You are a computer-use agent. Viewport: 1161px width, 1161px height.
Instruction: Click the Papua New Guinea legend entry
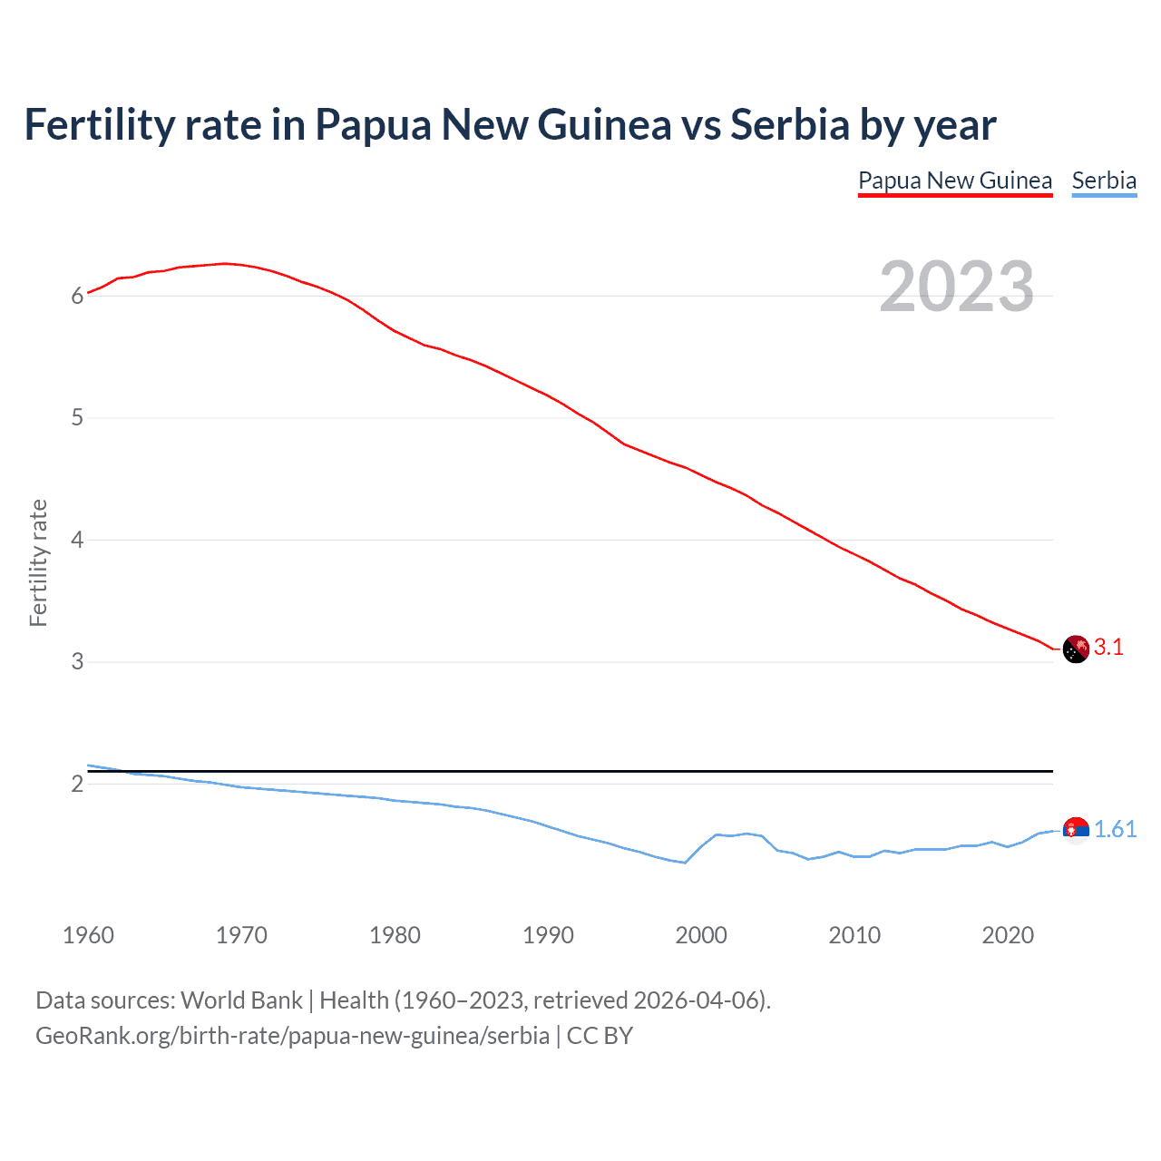955,180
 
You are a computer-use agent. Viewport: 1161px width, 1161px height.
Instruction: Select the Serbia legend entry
1104,180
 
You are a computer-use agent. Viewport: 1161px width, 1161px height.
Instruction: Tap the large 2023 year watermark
956,287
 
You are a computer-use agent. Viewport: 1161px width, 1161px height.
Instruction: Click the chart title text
510,124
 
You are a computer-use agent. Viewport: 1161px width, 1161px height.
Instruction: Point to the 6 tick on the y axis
77,296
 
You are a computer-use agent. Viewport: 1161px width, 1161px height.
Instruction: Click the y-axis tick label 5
77,418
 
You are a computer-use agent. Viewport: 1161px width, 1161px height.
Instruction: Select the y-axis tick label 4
77,541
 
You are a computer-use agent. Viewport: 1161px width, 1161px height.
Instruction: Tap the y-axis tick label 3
77,662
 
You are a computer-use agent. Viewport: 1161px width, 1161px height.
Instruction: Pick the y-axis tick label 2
77,785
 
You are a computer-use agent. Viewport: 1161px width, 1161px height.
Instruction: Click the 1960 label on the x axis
88,935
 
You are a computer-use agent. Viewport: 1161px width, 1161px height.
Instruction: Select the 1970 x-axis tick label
241,935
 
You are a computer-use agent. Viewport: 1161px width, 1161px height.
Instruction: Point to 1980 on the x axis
395,935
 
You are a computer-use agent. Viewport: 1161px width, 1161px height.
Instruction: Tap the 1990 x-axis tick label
548,935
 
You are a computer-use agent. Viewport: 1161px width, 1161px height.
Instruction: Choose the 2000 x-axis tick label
701,935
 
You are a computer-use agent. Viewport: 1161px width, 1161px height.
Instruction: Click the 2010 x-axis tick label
854,935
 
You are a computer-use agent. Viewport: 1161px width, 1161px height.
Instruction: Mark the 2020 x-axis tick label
1008,935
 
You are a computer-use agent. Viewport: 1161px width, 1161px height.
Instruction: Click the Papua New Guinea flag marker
1076,649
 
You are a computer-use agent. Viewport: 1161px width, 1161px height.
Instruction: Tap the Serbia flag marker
1076,830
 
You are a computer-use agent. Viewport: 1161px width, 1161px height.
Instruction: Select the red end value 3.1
1108,648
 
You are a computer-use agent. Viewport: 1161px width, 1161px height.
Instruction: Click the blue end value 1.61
1115,830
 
